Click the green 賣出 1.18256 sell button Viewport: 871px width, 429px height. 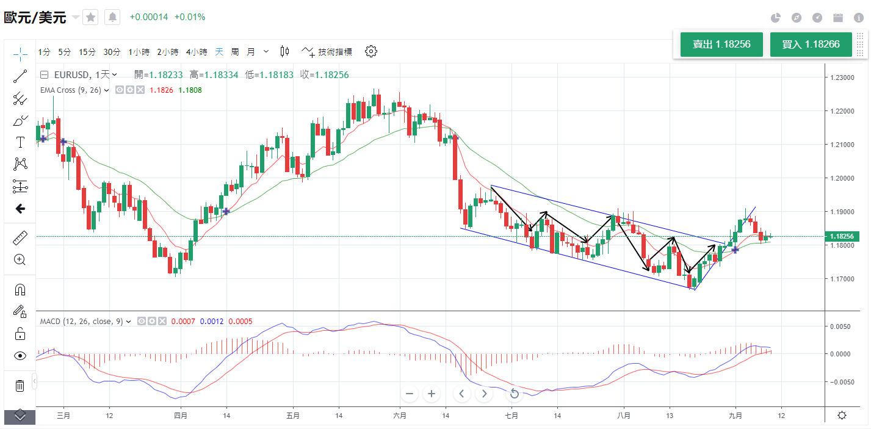coord(721,45)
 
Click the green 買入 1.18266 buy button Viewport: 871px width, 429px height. coord(811,45)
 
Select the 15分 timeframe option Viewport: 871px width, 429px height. coord(87,52)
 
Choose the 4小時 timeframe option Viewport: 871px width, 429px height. coord(197,52)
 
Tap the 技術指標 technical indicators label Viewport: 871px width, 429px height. coord(335,52)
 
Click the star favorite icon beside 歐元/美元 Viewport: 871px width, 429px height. coord(90,17)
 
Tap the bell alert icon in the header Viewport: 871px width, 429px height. coord(112,17)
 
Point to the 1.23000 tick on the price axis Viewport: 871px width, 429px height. coord(842,78)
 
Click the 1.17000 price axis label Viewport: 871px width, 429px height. coord(842,279)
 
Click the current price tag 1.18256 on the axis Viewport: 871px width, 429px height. coord(843,236)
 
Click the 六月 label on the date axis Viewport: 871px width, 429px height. coord(400,416)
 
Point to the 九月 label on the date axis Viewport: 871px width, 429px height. coord(735,416)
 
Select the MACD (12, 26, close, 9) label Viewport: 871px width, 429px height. coord(82,321)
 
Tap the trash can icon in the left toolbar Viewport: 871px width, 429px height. coord(20,386)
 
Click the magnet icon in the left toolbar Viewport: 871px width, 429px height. coord(20,290)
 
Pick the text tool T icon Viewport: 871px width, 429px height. coord(20,142)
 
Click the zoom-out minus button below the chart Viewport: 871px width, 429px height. coord(410,394)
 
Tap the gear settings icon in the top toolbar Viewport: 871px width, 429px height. coord(370,51)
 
